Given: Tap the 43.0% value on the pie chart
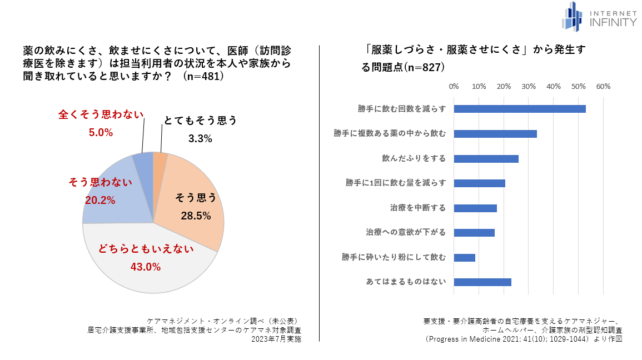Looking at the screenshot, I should [x=146, y=267].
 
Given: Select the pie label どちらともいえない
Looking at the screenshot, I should [x=146, y=249].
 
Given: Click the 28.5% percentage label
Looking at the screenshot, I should [x=196, y=216].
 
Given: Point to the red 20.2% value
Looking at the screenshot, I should [x=100, y=200].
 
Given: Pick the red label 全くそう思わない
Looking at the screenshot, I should [x=101, y=114].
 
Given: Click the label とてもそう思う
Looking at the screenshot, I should [x=200, y=121].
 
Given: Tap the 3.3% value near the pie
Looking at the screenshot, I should [x=200, y=139].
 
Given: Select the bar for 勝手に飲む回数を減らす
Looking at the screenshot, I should [x=520, y=109].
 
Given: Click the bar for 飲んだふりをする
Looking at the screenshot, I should [x=486, y=159].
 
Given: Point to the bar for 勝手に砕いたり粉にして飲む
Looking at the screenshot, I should [x=465, y=257].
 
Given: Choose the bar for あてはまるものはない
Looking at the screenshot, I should [x=482, y=282].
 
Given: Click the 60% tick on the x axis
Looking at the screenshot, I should [x=603, y=87].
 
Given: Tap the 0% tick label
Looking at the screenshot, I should [x=454, y=87].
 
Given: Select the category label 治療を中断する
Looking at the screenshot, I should [x=418, y=208].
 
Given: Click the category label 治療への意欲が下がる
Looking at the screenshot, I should [x=406, y=233].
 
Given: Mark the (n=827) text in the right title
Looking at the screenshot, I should [x=424, y=67].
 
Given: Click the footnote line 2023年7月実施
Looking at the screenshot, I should [x=276, y=339].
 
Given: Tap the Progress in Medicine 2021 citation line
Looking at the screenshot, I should [x=522, y=338].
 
